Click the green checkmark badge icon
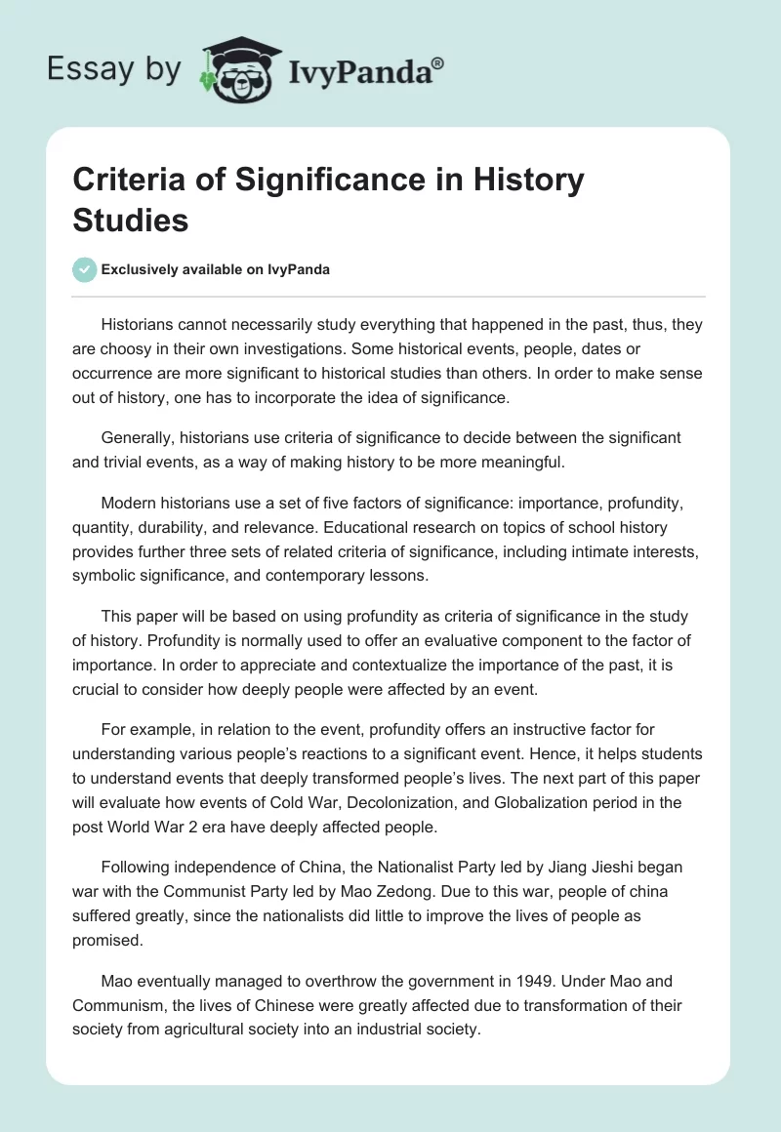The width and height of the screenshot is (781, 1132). click(85, 269)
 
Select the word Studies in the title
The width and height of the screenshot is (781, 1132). click(131, 220)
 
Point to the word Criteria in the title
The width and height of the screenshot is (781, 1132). click(128, 181)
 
